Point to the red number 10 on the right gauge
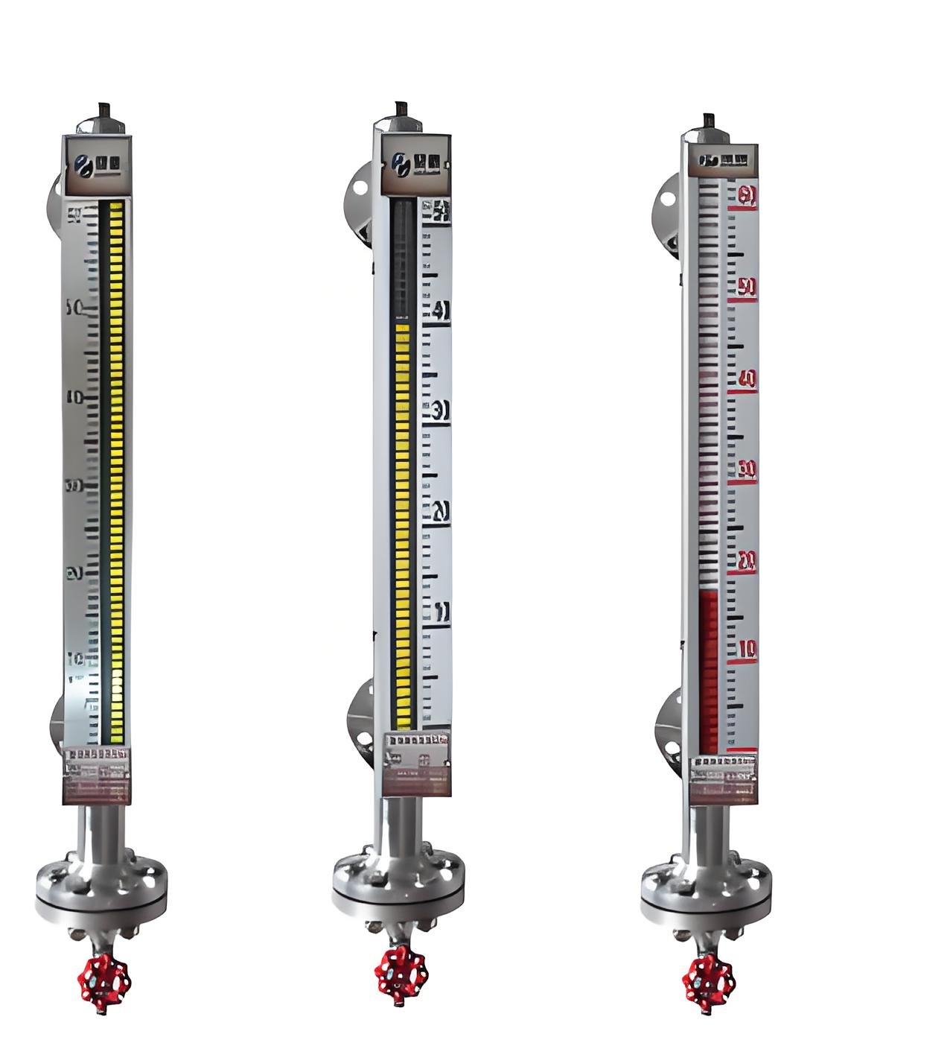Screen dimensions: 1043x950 click(747, 650)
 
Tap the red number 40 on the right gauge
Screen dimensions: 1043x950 click(746, 380)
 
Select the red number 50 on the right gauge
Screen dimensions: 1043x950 click(746, 288)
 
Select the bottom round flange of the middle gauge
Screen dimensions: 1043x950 click(398, 884)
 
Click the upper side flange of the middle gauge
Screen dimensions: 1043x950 click(359, 205)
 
